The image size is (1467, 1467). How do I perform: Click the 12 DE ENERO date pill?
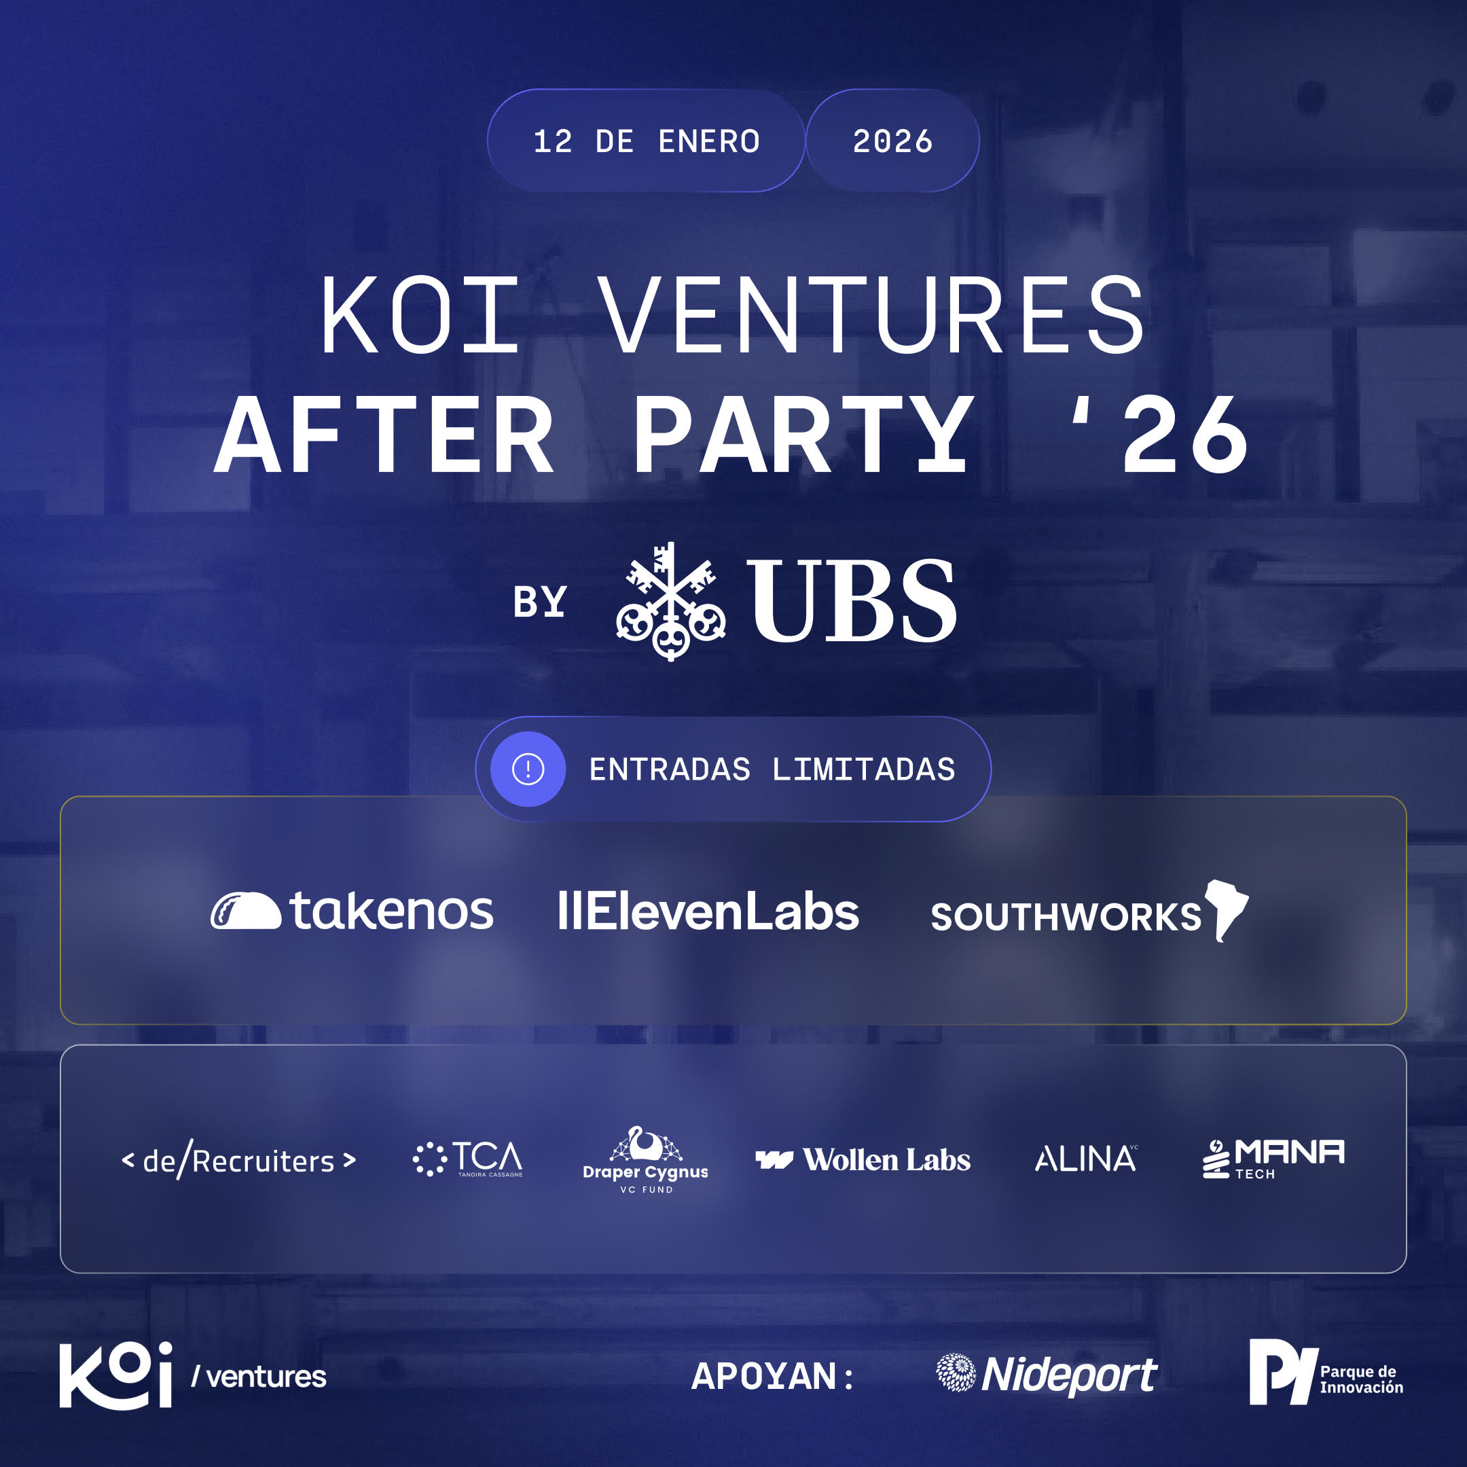click(x=645, y=141)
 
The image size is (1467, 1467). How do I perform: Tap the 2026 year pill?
click(x=892, y=141)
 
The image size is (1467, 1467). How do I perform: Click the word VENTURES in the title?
click(x=873, y=315)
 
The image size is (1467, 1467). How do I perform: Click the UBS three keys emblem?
click(x=670, y=601)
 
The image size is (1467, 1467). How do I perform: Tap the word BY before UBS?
click(x=540, y=602)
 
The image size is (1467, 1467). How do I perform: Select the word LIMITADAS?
click(x=863, y=769)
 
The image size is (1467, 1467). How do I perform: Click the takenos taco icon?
click(x=245, y=910)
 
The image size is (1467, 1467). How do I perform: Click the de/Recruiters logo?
click(x=238, y=1160)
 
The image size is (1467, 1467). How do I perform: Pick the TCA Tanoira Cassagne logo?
click(x=468, y=1159)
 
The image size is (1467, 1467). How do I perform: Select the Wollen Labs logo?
click(x=863, y=1159)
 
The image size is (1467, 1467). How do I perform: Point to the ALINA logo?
click(x=1087, y=1159)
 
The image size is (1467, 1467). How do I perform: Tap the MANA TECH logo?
click(x=1273, y=1159)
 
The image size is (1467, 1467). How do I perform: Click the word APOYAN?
click(x=763, y=1376)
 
